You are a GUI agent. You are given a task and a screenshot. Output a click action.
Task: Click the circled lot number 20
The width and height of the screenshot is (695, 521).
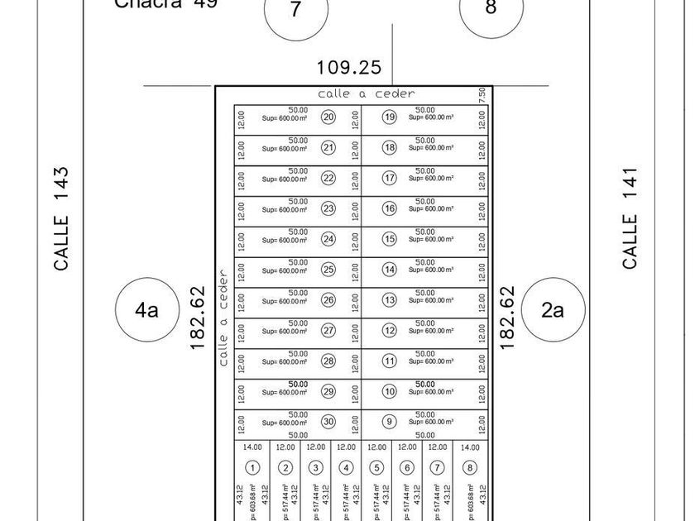pyautogui.click(x=328, y=117)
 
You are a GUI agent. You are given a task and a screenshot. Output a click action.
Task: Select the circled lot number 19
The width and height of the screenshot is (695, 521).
pyautogui.click(x=389, y=117)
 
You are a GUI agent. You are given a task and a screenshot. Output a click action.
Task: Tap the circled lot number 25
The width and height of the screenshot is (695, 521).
pyautogui.click(x=328, y=270)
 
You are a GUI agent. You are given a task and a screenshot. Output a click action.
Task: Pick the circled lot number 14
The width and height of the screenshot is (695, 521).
pyautogui.click(x=389, y=270)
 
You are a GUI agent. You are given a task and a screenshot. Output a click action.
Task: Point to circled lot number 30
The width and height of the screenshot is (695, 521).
pyautogui.click(x=328, y=422)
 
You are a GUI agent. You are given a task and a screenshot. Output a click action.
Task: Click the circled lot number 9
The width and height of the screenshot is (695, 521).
pyautogui.click(x=389, y=422)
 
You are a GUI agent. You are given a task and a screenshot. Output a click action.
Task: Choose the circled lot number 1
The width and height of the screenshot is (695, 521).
pyautogui.click(x=253, y=468)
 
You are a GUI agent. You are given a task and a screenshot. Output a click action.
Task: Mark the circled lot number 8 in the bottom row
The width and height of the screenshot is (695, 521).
pyautogui.click(x=470, y=468)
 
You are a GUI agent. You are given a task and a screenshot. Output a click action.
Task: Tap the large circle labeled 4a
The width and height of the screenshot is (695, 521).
pyautogui.click(x=146, y=310)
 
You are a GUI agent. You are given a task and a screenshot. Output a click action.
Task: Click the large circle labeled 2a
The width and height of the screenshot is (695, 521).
pyautogui.click(x=552, y=310)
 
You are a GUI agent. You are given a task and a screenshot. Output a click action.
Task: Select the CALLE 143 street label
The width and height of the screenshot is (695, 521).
pyautogui.click(x=61, y=219)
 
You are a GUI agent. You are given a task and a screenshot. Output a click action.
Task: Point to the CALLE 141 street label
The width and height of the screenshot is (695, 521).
pyautogui.click(x=630, y=218)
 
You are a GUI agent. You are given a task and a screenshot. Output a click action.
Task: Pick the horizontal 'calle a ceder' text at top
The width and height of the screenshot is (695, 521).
pyautogui.click(x=367, y=94)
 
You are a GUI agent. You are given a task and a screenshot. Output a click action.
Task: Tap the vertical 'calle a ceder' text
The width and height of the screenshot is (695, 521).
pyautogui.click(x=223, y=318)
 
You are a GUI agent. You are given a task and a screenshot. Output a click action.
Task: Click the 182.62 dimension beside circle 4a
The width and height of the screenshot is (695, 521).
pyautogui.click(x=198, y=318)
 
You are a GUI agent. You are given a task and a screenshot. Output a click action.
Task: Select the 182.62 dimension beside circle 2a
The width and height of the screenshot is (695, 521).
pyautogui.click(x=508, y=318)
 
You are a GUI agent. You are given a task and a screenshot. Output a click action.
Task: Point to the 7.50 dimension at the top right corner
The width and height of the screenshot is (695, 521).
pyautogui.click(x=482, y=97)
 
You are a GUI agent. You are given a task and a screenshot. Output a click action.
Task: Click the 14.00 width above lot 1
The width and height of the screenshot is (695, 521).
pyautogui.click(x=253, y=447)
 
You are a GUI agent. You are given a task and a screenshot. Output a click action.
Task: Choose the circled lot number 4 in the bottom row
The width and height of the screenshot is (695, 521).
pyautogui.click(x=346, y=468)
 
